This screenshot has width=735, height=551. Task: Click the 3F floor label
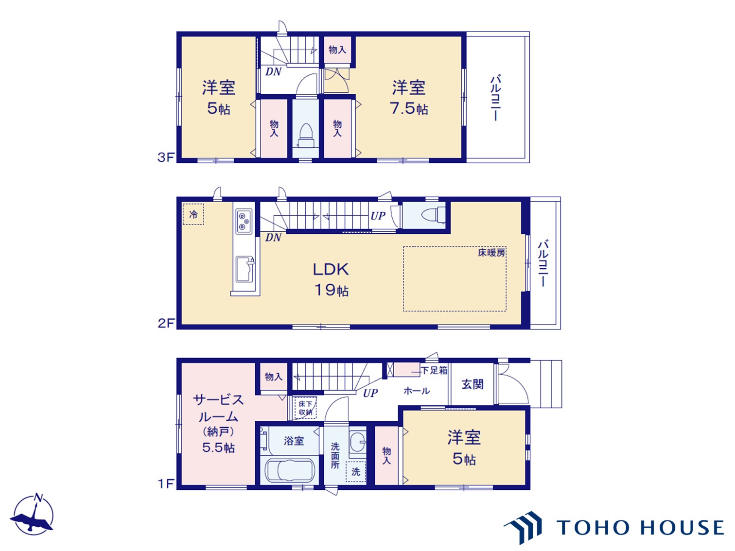[x=166, y=157]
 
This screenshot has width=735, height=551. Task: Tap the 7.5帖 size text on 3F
[x=409, y=108]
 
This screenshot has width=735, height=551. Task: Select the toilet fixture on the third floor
[x=305, y=136]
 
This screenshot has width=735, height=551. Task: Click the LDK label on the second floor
[x=331, y=269]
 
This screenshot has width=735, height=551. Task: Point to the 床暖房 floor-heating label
[x=491, y=253]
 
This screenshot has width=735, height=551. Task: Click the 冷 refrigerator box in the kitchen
[x=193, y=214]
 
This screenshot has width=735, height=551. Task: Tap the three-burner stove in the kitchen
[x=244, y=221]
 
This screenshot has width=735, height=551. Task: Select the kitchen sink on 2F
[x=245, y=269]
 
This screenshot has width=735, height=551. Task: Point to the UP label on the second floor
[x=378, y=216]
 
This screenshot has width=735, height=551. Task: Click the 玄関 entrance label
[x=472, y=384]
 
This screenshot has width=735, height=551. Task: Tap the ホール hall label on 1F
[x=417, y=391]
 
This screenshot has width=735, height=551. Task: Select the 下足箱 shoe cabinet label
[x=434, y=370]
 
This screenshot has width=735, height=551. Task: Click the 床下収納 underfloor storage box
[x=305, y=408]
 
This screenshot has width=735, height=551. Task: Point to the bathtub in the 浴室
[x=290, y=470]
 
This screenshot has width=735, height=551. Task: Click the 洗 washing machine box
[x=356, y=472]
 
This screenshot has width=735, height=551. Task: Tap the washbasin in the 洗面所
[x=358, y=441]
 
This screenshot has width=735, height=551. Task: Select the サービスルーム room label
[x=218, y=408]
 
